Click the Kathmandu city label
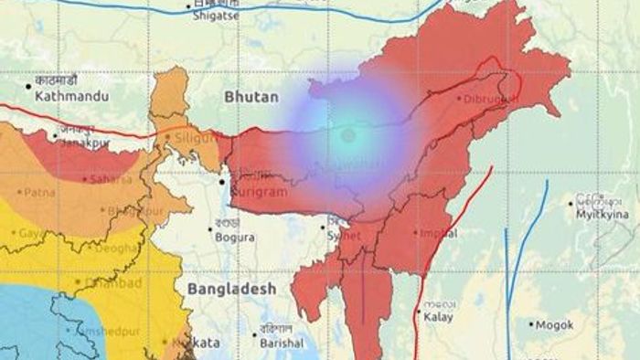72,95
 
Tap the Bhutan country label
248,95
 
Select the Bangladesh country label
231,289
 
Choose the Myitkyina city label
603,214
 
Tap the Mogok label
555,324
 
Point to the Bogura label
235,238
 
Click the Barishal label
281,344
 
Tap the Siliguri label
196,137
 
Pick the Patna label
39,193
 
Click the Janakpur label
87,142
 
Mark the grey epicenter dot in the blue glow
347,135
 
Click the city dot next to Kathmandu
29,87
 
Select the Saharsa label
111,180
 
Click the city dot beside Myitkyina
571,204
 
